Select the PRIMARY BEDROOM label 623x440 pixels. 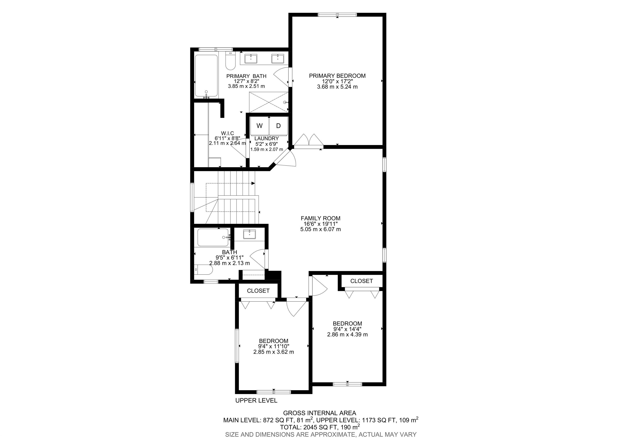(x=337, y=76)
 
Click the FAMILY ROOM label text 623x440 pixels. (x=320, y=218)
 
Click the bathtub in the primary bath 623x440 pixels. (x=206, y=76)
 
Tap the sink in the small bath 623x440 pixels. (x=249, y=234)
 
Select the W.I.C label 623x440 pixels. (x=227, y=133)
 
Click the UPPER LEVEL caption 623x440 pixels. (x=256, y=400)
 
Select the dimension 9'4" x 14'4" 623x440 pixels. (x=347, y=329)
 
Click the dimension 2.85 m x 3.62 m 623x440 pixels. (x=274, y=352)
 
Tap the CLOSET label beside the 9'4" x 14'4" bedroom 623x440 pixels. (x=361, y=281)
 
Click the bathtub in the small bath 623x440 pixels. (x=213, y=237)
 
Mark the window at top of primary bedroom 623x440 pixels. (x=337, y=15)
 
